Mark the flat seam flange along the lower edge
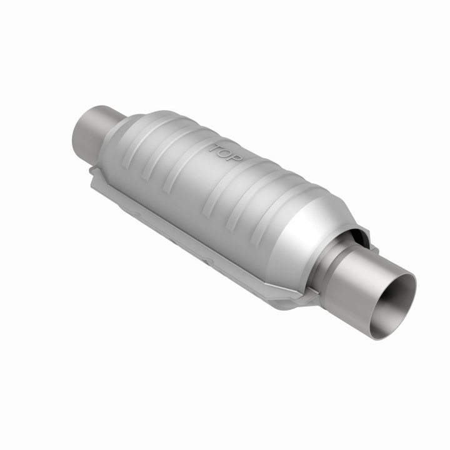[187, 231]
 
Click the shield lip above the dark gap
[359, 229]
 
